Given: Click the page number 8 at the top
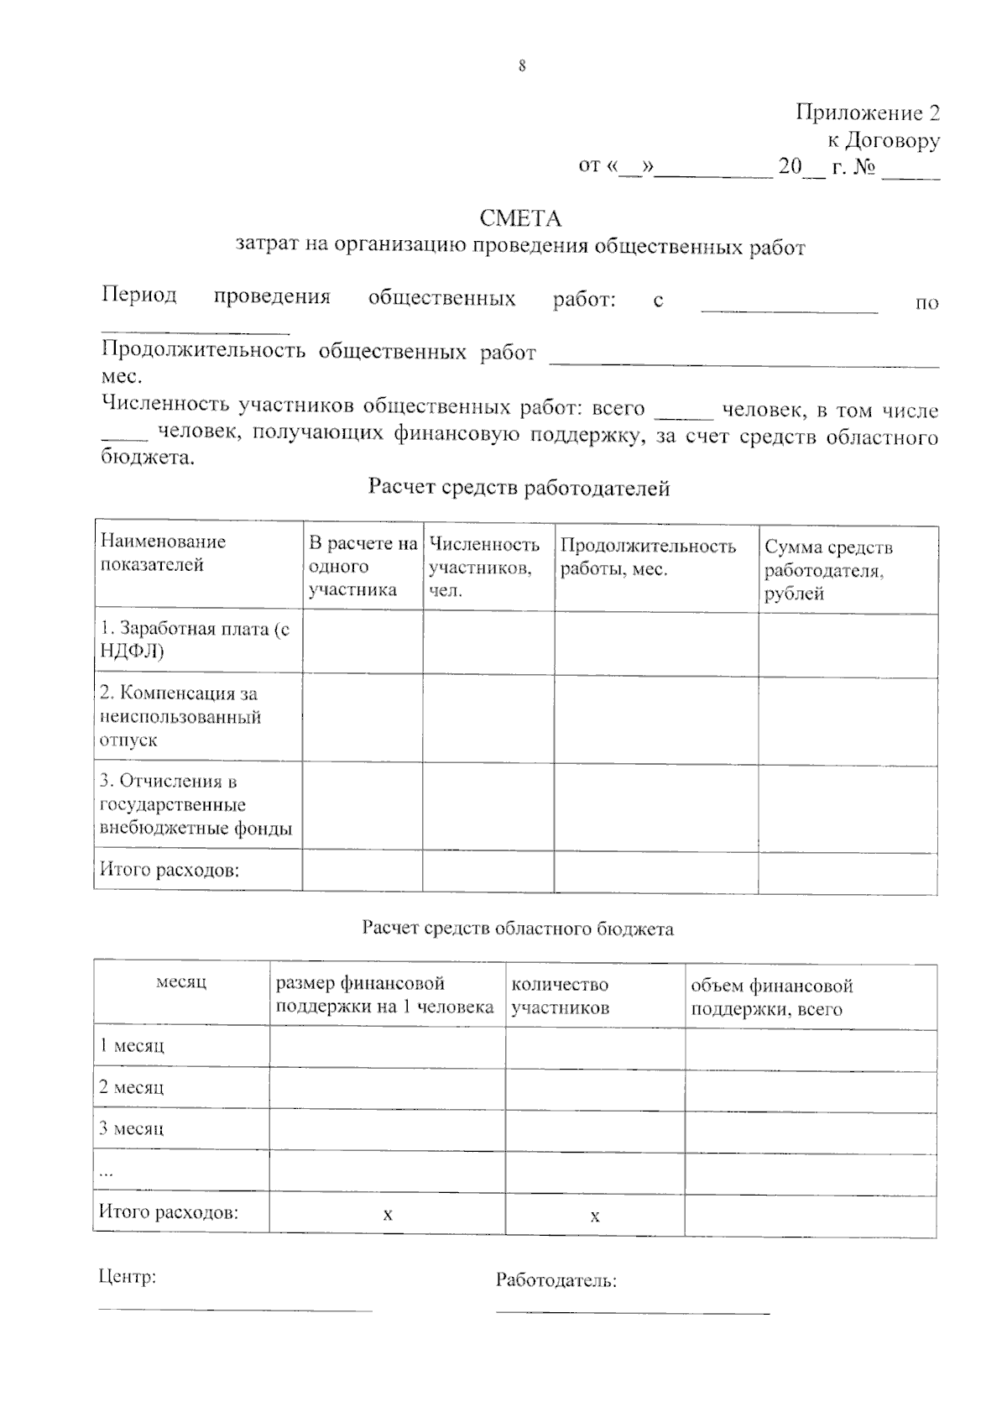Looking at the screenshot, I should pyautogui.click(x=522, y=66).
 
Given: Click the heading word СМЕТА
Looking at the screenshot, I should pyautogui.click(x=519, y=219).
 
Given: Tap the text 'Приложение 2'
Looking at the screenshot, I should pyautogui.click(x=867, y=113).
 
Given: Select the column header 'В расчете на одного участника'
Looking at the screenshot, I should pyautogui.click(x=363, y=566).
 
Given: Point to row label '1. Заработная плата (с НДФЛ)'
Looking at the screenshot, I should pyautogui.click(x=195, y=640).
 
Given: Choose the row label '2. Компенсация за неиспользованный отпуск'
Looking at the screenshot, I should pyautogui.click(x=180, y=716).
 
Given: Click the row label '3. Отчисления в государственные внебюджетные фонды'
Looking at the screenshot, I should pyautogui.click(x=196, y=804).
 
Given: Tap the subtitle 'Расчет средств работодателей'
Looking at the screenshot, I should pyautogui.click(x=519, y=488).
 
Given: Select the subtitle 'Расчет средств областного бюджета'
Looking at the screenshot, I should pyautogui.click(x=518, y=929).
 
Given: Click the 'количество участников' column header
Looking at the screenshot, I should pyautogui.click(x=560, y=996).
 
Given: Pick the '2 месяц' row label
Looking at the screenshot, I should pyautogui.click(x=132, y=1087).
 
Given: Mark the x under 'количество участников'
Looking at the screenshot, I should pyautogui.click(x=595, y=1216).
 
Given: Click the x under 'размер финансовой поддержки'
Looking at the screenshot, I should pyautogui.click(x=388, y=1214).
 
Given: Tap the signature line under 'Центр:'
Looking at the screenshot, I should pyautogui.click(x=235, y=1308).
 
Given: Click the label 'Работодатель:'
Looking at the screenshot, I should pyautogui.click(x=556, y=1280).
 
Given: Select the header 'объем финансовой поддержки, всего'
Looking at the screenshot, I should pyautogui.click(x=771, y=997).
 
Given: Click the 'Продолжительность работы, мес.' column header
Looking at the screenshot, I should pyautogui.click(x=648, y=557).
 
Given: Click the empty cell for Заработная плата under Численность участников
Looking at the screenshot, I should pyautogui.click(x=488, y=642).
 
